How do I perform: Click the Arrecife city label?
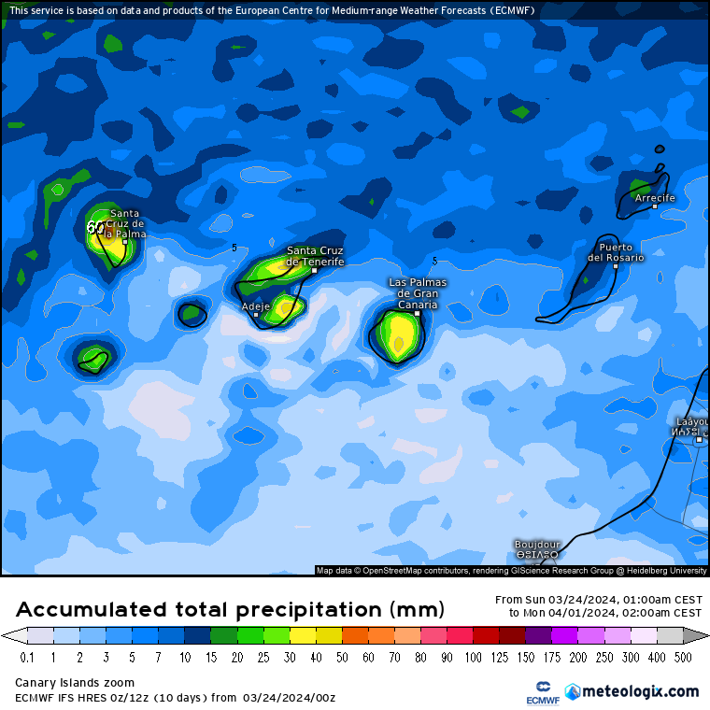click(654, 198)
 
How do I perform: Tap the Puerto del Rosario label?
click(616, 252)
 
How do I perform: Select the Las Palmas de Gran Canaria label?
click(418, 292)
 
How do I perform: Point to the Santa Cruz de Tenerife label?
click(315, 256)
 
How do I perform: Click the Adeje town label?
click(255, 305)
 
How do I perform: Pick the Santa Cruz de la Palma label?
click(124, 223)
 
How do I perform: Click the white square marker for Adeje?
click(256, 315)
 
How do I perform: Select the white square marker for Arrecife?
click(654, 206)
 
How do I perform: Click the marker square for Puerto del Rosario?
click(616, 266)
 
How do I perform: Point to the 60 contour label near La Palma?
click(95, 226)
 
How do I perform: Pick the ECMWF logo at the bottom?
click(542, 691)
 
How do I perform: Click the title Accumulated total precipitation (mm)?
click(230, 610)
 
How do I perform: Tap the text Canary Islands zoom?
click(75, 683)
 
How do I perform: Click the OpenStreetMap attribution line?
click(511, 570)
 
